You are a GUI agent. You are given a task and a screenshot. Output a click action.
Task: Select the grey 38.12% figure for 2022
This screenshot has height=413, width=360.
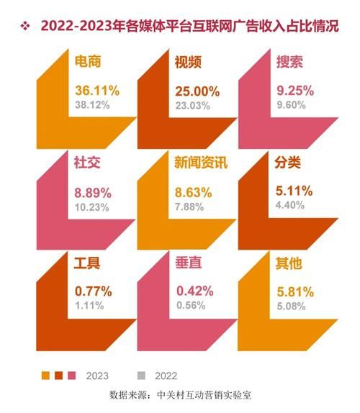[x=92, y=105]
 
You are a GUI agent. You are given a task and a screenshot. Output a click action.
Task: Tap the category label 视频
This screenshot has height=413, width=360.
[x=187, y=63]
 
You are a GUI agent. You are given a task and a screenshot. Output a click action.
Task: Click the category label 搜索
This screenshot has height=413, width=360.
[x=287, y=63]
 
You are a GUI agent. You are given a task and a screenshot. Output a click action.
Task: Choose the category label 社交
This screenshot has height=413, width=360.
[x=87, y=163]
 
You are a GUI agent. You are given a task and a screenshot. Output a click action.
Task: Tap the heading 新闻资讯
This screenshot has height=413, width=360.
[x=201, y=163]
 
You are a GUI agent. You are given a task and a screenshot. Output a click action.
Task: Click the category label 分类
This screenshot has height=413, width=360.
[x=287, y=163]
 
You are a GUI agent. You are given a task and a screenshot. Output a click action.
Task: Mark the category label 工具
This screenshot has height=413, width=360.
[x=87, y=263]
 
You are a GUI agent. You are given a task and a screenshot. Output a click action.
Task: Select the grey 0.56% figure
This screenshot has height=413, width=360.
[x=190, y=307]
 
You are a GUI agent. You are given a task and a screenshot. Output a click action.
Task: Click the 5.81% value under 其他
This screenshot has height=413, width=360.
[x=293, y=292]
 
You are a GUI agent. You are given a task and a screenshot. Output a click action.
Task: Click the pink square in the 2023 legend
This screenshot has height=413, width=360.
[x=71, y=375]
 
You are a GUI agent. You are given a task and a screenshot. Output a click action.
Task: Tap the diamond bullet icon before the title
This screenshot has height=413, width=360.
[x=26, y=27]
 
